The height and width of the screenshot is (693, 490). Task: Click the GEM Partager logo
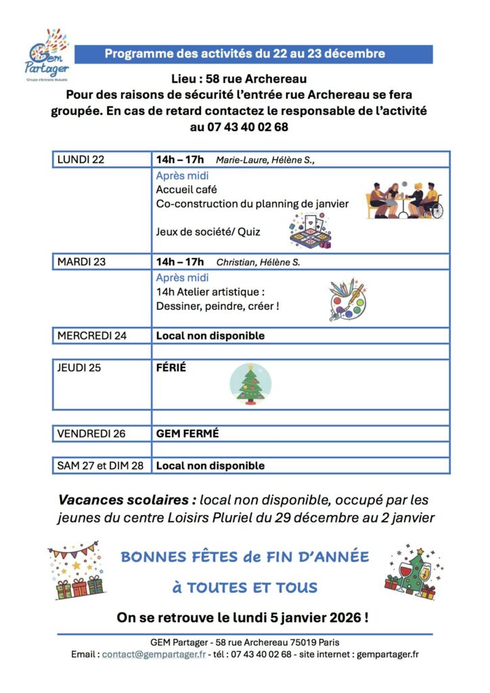[x=47, y=54]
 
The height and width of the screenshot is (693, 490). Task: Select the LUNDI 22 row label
[x=81, y=160]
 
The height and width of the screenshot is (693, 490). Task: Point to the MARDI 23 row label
[x=82, y=261]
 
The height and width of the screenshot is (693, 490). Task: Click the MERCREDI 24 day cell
[x=92, y=336]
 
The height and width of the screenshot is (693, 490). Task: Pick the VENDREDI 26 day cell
[x=91, y=434]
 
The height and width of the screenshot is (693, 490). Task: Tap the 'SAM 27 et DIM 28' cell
[x=100, y=466]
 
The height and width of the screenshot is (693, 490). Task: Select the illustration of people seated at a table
[x=405, y=200]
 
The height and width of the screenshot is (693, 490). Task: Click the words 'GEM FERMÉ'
[x=187, y=434]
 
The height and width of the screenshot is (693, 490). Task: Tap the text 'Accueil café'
[x=186, y=189]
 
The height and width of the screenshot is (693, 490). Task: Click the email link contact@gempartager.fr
[x=154, y=654]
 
